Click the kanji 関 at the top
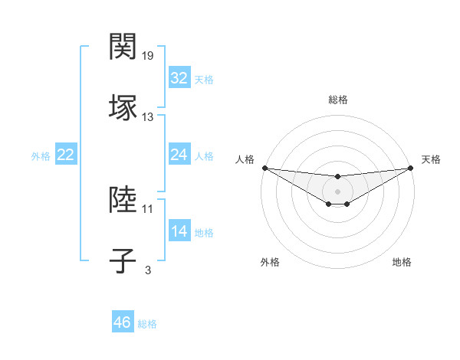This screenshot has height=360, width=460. click(x=123, y=47)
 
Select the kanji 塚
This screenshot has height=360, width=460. click(x=123, y=106)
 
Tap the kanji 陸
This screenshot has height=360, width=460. click(x=123, y=200)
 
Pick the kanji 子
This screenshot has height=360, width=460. click(x=123, y=260)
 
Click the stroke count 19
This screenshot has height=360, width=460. click(x=149, y=56)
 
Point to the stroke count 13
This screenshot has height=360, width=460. click(x=148, y=117)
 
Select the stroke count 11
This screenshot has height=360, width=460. click(x=148, y=208)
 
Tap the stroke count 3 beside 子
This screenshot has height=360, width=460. click(x=148, y=270)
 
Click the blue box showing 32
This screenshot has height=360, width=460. click(x=179, y=78)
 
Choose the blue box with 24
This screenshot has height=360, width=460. click(x=179, y=155)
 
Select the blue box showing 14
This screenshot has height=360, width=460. click(x=179, y=231)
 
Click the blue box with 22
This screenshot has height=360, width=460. click(x=66, y=155)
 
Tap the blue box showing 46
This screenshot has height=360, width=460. click(x=122, y=322)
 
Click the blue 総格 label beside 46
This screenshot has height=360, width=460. click(x=147, y=324)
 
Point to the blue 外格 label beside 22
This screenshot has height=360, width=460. click(x=41, y=156)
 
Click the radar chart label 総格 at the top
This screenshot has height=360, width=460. click(x=338, y=100)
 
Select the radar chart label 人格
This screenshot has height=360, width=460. click(x=245, y=159)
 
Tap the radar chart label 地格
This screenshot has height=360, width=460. click(x=402, y=262)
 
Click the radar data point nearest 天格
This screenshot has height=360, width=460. click(x=411, y=168)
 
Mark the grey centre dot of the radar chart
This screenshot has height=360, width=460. click(x=337, y=191)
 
